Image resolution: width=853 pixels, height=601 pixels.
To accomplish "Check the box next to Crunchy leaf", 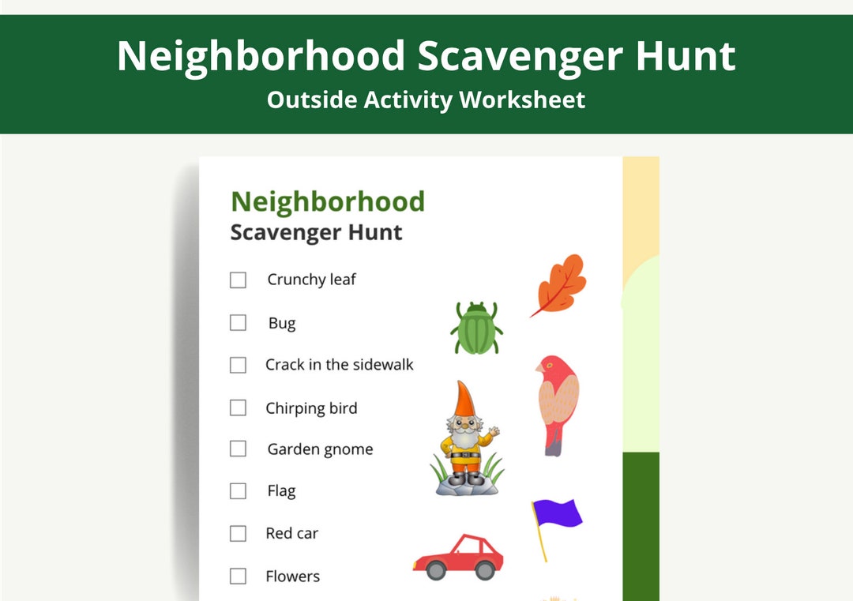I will pyautogui.click(x=238, y=280).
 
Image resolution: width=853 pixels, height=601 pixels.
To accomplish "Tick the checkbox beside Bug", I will pyautogui.click(x=238, y=322).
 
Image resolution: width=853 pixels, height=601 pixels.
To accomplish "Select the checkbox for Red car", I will pyautogui.click(x=238, y=533).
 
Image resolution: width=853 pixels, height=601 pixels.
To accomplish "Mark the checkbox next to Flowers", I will pyautogui.click(x=238, y=576).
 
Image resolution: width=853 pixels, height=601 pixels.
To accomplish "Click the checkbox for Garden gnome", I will pyautogui.click(x=238, y=449).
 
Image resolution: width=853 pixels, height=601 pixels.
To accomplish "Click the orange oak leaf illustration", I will pyautogui.click(x=560, y=285).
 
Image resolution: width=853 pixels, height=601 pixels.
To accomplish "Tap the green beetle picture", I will pyautogui.click(x=476, y=329).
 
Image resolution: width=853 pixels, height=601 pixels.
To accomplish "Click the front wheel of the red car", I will pyautogui.click(x=485, y=569).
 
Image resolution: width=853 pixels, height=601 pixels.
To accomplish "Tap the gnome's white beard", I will pyautogui.click(x=464, y=437).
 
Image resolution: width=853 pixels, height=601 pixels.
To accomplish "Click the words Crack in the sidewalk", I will pyautogui.click(x=340, y=365).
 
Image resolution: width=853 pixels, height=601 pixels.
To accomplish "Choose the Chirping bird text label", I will pyautogui.click(x=311, y=408).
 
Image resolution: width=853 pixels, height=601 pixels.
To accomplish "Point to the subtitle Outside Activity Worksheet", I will pyautogui.click(x=426, y=100).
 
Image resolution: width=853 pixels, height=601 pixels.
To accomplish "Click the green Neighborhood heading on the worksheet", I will pyautogui.click(x=328, y=201).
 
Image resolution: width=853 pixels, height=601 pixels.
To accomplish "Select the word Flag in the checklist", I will pyautogui.click(x=281, y=491).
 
